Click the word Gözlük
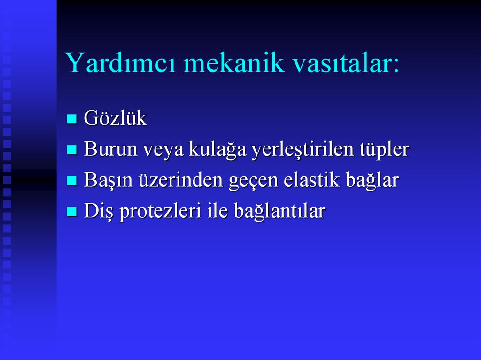click(x=115, y=119)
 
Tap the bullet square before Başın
click(x=71, y=181)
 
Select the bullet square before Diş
click(x=71, y=212)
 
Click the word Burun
click(x=110, y=150)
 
